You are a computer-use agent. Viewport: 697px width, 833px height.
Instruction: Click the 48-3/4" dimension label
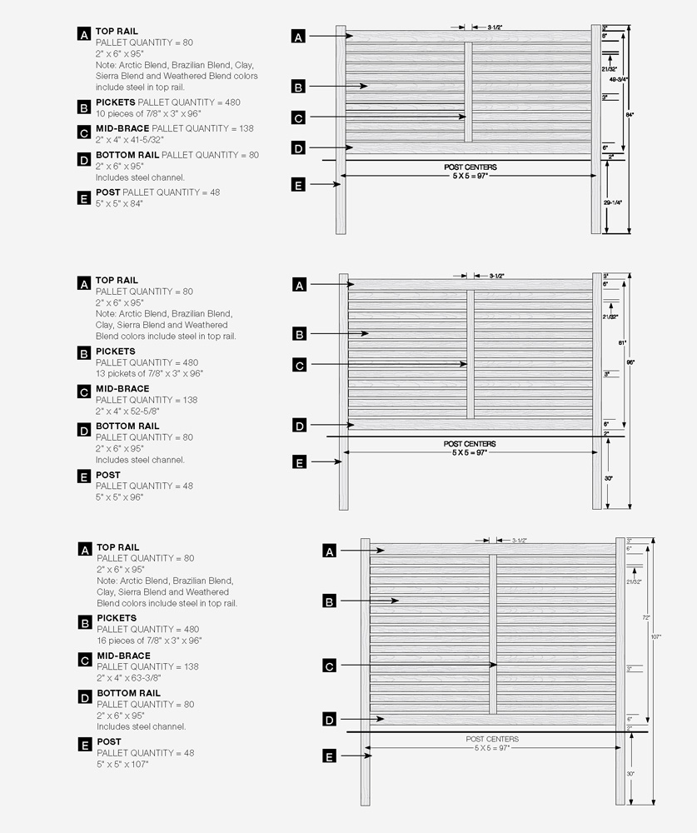[619, 79]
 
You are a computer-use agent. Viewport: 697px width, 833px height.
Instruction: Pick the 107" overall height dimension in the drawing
[656, 636]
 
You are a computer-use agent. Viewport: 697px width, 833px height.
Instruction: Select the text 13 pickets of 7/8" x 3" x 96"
[149, 373]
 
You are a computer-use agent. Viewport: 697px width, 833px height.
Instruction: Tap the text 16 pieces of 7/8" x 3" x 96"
[149, 641]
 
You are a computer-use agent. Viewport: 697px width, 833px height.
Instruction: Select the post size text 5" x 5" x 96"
[120, 497]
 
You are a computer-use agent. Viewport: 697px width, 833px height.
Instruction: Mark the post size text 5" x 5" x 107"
[122, 764]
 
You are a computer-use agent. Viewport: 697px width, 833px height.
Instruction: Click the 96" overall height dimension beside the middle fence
[630, 362]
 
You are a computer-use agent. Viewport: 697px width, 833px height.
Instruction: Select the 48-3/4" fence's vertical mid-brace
[468, 92]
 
